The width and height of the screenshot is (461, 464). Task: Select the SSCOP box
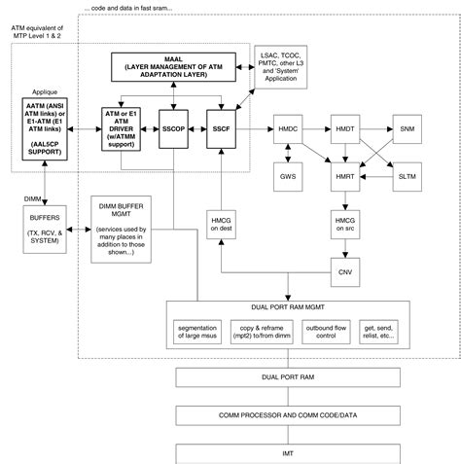[x=174, y=128]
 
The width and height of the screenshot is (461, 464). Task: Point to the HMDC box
[x=288, y=128]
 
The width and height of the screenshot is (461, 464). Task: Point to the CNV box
[x=344, y=271]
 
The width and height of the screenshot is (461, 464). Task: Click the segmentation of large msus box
[x=201, y=333]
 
